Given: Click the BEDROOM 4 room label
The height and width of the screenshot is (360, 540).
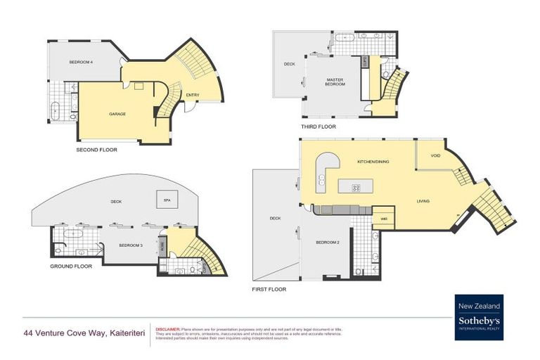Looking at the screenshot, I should coord(81,63).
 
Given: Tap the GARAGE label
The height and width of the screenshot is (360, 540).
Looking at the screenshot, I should coord(117,113).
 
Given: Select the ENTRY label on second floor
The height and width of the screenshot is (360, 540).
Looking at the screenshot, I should coord(192,95).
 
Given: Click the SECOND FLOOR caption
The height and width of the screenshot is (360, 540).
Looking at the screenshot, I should coord(96,150).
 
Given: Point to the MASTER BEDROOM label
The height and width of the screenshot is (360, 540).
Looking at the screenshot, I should coord(335,82).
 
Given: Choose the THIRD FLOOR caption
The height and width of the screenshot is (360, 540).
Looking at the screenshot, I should coord(318,127).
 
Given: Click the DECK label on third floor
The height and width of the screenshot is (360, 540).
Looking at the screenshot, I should coord(289,64).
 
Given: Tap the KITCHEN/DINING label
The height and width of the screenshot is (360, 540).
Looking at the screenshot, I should coord(373,162).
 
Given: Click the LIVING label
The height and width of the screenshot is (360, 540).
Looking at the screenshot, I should coord(422,201).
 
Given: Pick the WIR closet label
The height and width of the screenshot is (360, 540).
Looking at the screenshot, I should coord(383,218).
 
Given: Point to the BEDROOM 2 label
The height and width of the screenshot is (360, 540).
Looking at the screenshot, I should coord(328,242).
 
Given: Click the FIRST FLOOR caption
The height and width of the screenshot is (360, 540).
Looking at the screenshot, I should coord(269,289).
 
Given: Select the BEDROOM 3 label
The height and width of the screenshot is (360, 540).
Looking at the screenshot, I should coord(131,245).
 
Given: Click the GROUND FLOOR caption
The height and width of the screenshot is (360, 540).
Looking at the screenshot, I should coord(71,266).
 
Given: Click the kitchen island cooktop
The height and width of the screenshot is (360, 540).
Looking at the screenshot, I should coord(355,187).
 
